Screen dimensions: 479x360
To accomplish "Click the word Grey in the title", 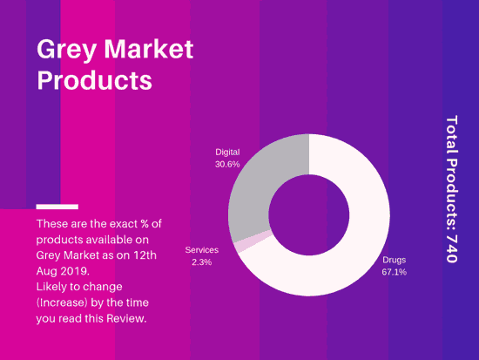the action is (66, 50).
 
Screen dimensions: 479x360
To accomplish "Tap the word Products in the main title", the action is (94, 80).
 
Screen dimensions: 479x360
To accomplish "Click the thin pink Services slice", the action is (253, 241).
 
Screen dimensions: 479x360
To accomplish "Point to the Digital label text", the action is (227, 152).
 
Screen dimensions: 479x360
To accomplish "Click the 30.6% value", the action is (227, 164).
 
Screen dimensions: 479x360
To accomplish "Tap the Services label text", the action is (202, 250).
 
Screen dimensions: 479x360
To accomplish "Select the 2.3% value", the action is (202, 262).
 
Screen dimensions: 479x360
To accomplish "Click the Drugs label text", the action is (394, 260).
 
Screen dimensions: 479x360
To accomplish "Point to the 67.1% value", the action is (394, 272).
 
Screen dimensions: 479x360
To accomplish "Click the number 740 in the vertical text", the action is (452, 249).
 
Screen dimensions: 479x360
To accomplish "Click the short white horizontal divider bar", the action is (57, 207).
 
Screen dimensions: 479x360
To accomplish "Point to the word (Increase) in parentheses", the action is (62, 302).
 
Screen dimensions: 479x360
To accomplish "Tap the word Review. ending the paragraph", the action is (126, 318).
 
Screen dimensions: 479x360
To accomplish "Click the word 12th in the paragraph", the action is (145, 255).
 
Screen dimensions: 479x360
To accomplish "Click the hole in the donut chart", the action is (309, 214).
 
